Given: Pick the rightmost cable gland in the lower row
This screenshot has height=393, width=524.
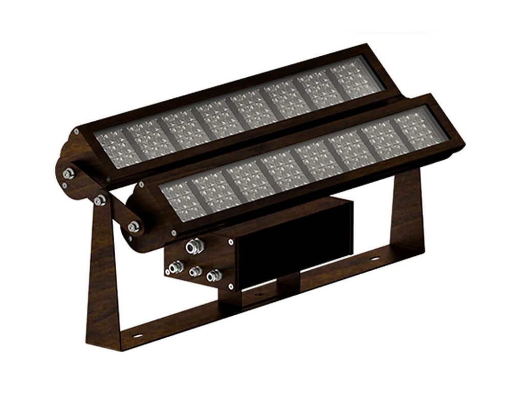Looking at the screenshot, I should pyautogui.click(x=212, y=277).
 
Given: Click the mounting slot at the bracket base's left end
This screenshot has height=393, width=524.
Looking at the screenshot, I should pyautogui.click(x=137, y=336).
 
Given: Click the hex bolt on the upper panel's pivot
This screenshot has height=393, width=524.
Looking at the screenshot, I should pyautogui.click(x=67, y=174).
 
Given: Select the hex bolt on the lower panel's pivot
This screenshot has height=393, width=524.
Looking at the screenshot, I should pyautogui.click(x=135, y=225).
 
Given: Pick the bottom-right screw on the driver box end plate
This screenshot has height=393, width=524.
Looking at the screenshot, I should pyautogui.click(x=231, y=286).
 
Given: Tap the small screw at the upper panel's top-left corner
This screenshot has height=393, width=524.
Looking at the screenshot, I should pyautogui.click(x=76, y=132).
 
